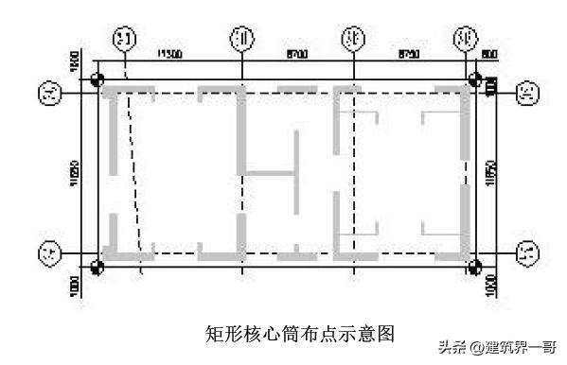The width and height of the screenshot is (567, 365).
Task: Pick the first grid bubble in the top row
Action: [125, 39]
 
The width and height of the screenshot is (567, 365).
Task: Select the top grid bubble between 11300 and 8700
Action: [242, 39]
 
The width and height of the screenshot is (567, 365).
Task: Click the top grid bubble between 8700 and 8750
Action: [354, 39]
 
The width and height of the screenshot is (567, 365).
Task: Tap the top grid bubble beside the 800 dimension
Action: [465, 39]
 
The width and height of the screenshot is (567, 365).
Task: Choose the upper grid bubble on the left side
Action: [47, 93]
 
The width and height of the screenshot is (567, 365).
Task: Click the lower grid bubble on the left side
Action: [47, 253]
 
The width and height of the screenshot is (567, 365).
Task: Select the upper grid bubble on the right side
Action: [529, 93]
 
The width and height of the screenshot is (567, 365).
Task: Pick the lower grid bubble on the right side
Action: [529, 253]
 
